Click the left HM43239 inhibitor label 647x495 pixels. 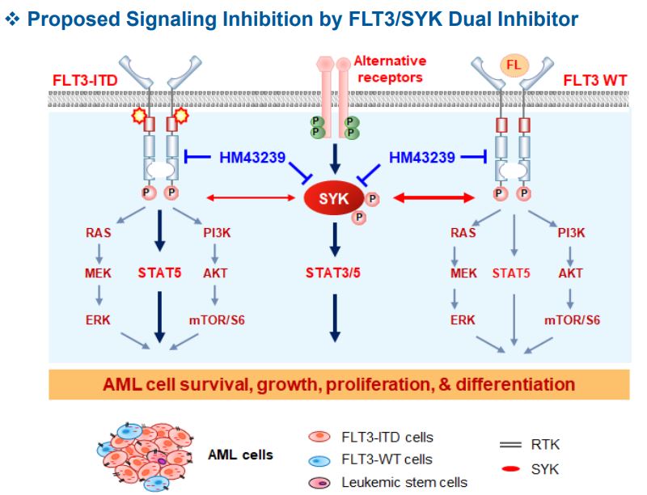click(x=252, y=157)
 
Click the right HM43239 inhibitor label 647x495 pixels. click(x=421, y=157)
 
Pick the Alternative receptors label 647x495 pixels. click(x=390, y=69)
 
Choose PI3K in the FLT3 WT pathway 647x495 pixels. click(x=571, y=233)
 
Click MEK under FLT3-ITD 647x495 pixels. click(x=98, y=273)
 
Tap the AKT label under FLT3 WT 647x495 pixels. click(x=571, y=273)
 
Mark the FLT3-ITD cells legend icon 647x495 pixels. click(x=321, y=438)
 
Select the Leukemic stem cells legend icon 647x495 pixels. click(x=321, y=483)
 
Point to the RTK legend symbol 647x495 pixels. click(x=510, y=444)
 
